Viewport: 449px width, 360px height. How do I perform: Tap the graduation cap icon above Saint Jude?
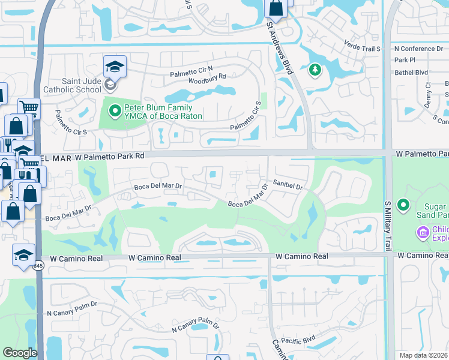pos(115,67)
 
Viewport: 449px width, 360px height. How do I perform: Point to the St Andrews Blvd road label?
pos(281,48)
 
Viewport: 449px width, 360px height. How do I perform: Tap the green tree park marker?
pos(315,71)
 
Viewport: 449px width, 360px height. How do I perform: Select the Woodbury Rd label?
pos(206,77)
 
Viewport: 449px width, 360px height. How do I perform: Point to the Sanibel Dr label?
pos(287,186)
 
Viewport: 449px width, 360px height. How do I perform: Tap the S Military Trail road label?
pos(387,225)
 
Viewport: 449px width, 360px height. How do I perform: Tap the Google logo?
pos(20,353)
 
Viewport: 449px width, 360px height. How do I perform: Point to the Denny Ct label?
pos(428,95)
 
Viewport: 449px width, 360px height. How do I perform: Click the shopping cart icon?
pos(28,108)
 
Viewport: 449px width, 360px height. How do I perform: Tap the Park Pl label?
pos(405,60)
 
